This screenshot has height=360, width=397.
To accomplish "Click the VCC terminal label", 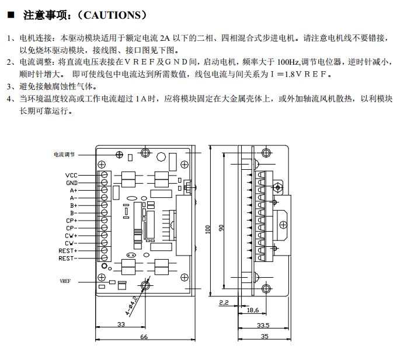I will pyautogui.click(x=71, y=175).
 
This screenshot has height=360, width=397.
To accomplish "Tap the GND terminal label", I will pyautogui.click(x=71, y=183).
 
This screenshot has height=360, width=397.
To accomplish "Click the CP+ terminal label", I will pyautogui.click(x=71, y=221).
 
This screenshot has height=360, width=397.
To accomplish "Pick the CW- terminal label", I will pyautogui.click(x=71, y=243).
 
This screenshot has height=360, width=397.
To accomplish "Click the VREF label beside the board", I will pyautogui.click(x=65, y=281).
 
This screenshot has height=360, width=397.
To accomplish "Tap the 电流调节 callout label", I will pyautogui.click(x=65, y=155).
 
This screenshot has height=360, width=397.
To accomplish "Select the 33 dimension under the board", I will pyautogui.click(x=121, y=324).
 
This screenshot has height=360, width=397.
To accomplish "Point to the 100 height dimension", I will pyautogui.click(x=207, y=230).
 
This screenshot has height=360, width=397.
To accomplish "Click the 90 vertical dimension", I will pyautogui.click(x=221, y=228).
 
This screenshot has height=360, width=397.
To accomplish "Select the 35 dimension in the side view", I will pyautogui.click(x=264, y=337).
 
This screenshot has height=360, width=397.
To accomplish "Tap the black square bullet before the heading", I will pyautogui.click(x=11, y=14).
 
